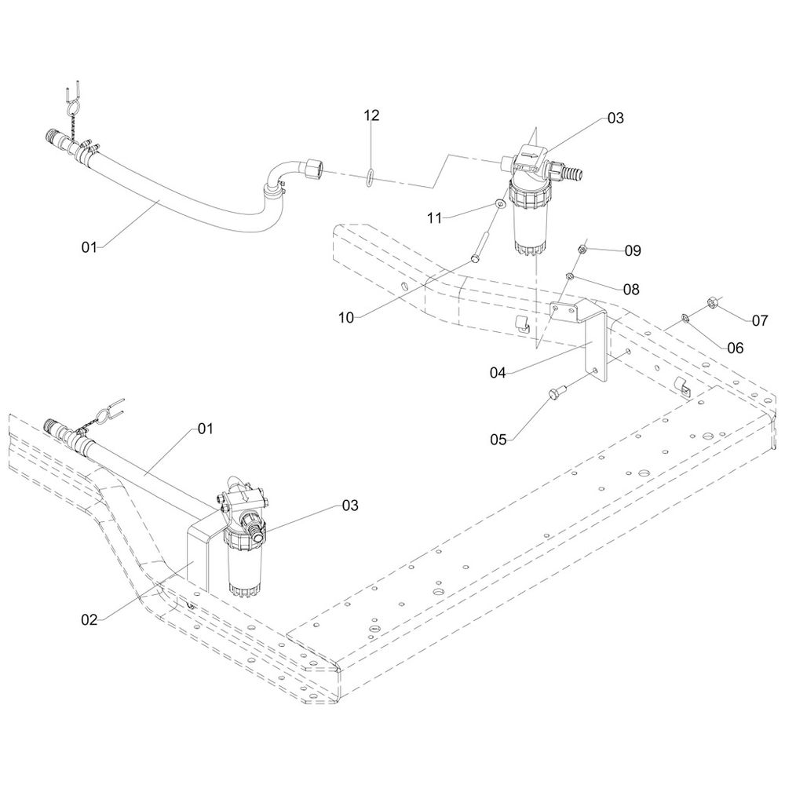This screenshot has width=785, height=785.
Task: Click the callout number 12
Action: pyautogui.click(x=371, y=115)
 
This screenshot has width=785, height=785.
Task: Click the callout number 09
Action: pyautogui.click(x=633, y=250)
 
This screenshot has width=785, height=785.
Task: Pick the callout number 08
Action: pyautogui.click(x=630, y=290)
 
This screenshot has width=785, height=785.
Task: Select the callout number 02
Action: pyautogui.click(x=89, y=619)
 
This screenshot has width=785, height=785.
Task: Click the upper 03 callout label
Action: pyautogui.click(x=615, y=118)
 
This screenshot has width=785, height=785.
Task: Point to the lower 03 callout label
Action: pyautogui.click(x=349, y=506)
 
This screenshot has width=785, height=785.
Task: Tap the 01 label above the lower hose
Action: pyautogui.click(x=205, y=429)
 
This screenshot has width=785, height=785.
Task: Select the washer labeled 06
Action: pyautogui.click(x=685, y=317)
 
